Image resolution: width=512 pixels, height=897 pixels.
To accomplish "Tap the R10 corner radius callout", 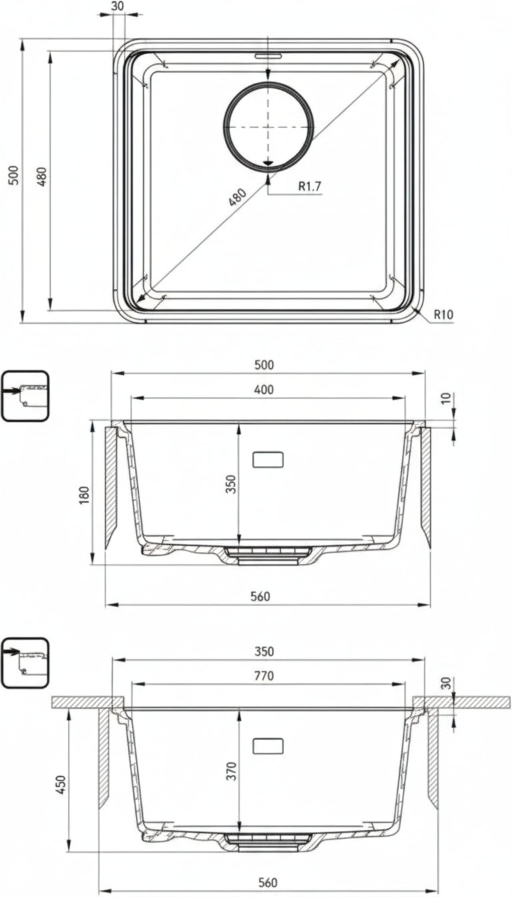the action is tap(443, 314).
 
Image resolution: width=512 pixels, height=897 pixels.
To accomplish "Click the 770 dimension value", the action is tap(264, 676).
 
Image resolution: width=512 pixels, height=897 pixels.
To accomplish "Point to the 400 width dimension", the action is tap(264, 389).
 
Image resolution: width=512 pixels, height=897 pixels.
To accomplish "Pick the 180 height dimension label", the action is tap(85, 495).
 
